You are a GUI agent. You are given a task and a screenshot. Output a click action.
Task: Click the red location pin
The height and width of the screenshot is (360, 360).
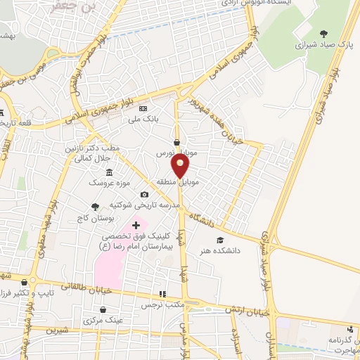click(x=181, y=165)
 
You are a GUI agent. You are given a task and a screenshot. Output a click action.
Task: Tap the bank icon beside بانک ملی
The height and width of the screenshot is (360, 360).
click(x=143, y=109)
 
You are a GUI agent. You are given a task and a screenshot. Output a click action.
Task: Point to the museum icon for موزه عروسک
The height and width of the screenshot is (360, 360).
click(x=109, y=173)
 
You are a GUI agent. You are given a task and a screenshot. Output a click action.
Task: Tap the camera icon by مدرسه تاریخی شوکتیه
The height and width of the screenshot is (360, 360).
click(x=144, y=195)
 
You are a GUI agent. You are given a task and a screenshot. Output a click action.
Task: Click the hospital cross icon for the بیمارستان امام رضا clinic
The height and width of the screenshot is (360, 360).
click(x=136, y=225)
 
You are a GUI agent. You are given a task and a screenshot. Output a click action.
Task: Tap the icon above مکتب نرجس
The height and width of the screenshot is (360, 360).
click(x=163, y=295)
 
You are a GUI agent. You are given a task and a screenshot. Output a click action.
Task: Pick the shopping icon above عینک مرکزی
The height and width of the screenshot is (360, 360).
click(x=103, y=309)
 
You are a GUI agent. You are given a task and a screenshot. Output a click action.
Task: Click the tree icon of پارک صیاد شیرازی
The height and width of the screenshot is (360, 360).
click(x=323, y=33)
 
